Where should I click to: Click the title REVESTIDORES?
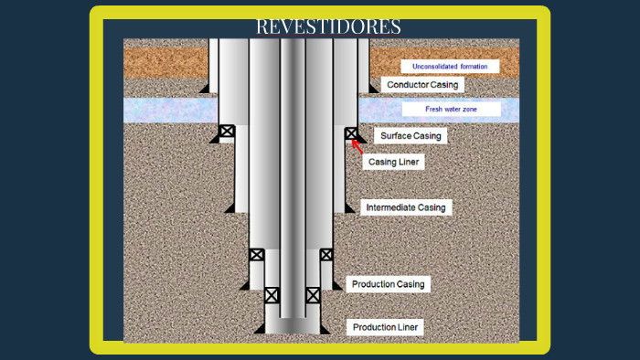[328, 26]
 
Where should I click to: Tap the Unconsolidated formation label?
[450, 67]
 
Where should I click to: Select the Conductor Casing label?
[422, 85]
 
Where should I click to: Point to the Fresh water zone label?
[451, 110]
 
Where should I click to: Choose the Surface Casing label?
[411, 136]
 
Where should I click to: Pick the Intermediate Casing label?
[405, 207]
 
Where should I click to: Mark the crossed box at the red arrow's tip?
[351, 133]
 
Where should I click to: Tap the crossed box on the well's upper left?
[227, 131]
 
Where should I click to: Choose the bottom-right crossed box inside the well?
[313, 295]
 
